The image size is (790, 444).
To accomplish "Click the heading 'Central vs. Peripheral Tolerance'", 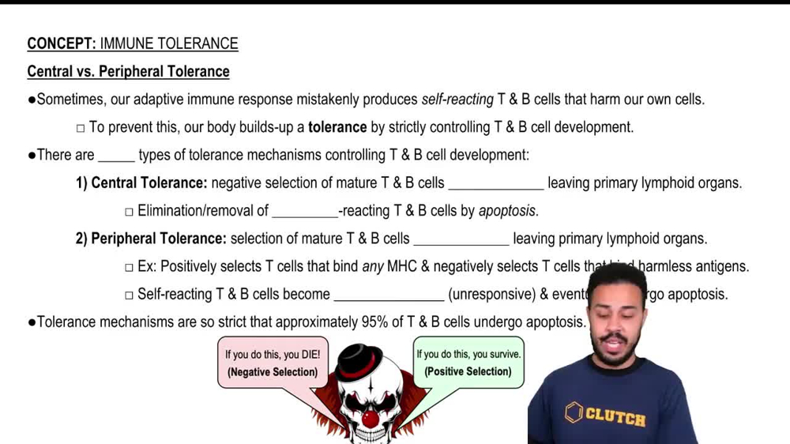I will pos(128,72).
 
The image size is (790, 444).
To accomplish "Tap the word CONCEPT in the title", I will pos(61,43).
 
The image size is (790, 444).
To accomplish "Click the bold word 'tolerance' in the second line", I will pos(337,127).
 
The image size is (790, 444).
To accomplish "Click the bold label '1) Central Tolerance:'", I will pos(141,183).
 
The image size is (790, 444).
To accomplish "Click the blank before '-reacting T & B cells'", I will pos(304,212).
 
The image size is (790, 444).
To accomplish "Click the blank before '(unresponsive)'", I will pos(389,295).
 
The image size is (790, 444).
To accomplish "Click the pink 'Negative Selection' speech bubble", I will pos(273,363).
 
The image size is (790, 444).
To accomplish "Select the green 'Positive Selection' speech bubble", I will pos(468,363).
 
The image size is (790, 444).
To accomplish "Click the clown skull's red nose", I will pos(370,418).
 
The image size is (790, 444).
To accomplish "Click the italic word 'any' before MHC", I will pos(373,267).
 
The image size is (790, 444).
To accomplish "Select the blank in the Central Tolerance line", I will pos(495,184).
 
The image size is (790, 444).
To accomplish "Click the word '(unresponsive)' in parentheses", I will pos(491,295).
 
